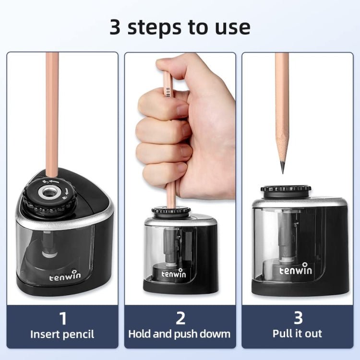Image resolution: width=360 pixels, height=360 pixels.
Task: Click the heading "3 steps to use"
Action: [x=180, y=27]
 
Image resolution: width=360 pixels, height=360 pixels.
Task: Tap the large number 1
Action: [x=62, y=318]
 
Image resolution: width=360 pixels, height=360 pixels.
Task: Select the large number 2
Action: [x=180, y=318]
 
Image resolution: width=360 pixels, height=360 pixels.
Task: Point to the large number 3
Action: [x=297, y=318]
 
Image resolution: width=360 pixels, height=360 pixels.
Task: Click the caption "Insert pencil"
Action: [x=62, y=334]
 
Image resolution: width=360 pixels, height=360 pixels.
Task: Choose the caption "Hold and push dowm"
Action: [x=180, y=334]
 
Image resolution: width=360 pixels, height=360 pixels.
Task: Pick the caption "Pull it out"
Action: [x=297, y=334]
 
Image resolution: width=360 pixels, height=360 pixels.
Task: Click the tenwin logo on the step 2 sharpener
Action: [x=174, y=274]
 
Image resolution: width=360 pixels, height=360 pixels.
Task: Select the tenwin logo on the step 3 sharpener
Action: [x=296, y=270]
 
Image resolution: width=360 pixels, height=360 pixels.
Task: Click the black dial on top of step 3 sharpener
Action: [x=286, y=191]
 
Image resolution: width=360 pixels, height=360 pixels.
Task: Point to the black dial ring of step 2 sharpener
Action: [x=169, y=212]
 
